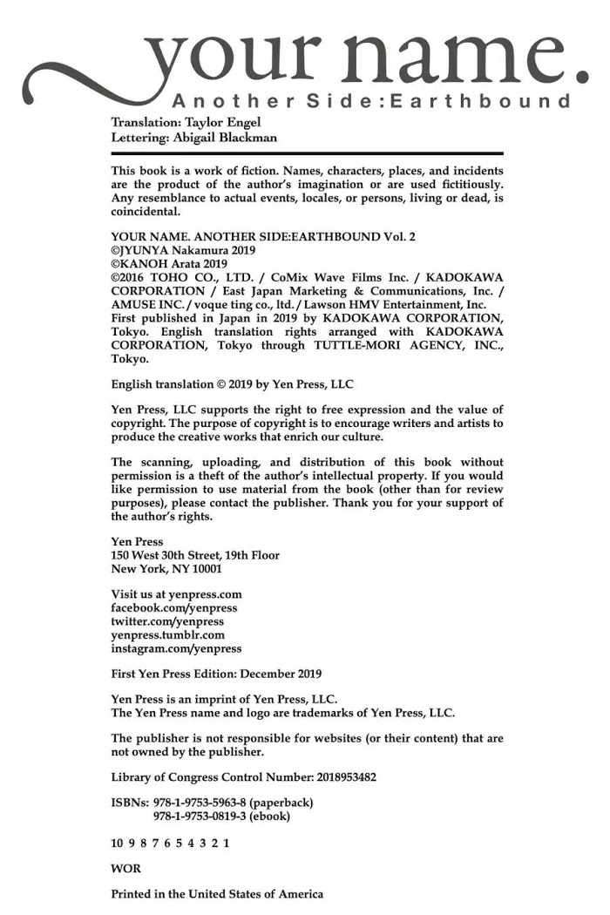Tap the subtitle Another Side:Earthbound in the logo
371,100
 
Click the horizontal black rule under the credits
307,153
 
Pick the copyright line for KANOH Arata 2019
169,264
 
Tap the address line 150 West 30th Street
195,555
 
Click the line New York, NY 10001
166,569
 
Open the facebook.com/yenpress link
173,608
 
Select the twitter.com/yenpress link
167,621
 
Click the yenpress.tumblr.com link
167,635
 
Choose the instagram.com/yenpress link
176,648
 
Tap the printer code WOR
125,869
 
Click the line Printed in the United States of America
217,894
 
